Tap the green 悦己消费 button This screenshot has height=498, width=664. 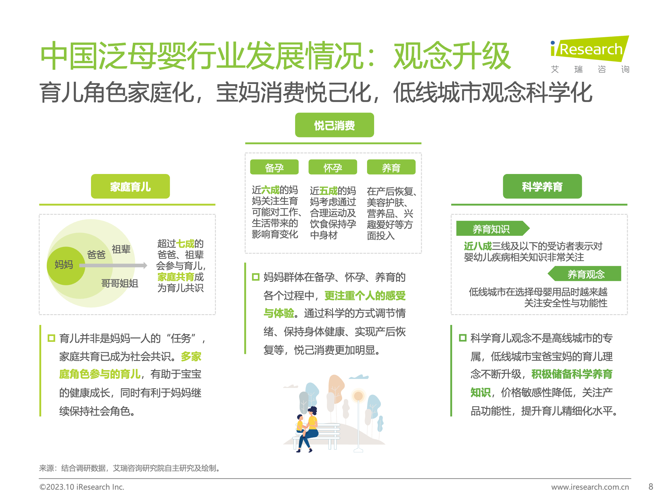coord(334,125)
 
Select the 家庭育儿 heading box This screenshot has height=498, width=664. coord(130,186)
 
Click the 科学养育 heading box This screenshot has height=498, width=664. coord(542,186)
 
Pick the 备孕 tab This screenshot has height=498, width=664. coord(274,167)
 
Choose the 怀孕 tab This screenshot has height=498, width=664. coord(333,167)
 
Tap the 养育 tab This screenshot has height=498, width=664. coord(391,167)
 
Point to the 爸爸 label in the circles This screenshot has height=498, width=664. coord(96,255)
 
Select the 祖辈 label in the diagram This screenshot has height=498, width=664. coord(121,249)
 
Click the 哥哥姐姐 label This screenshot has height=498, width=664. coord(120,283)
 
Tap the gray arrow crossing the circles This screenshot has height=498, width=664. coord(113,266)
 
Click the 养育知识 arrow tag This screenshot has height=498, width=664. coord(493,228)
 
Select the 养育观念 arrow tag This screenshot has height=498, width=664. coord(584,274)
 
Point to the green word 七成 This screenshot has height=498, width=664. coord(185,244)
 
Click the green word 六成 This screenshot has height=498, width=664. coord(270,190)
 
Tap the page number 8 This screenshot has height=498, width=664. coord(651,487)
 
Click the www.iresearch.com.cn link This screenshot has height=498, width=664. coord(590,487)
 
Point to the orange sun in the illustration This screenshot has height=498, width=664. coord(358,396)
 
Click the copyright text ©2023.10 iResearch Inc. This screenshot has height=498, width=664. coord(82,487)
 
